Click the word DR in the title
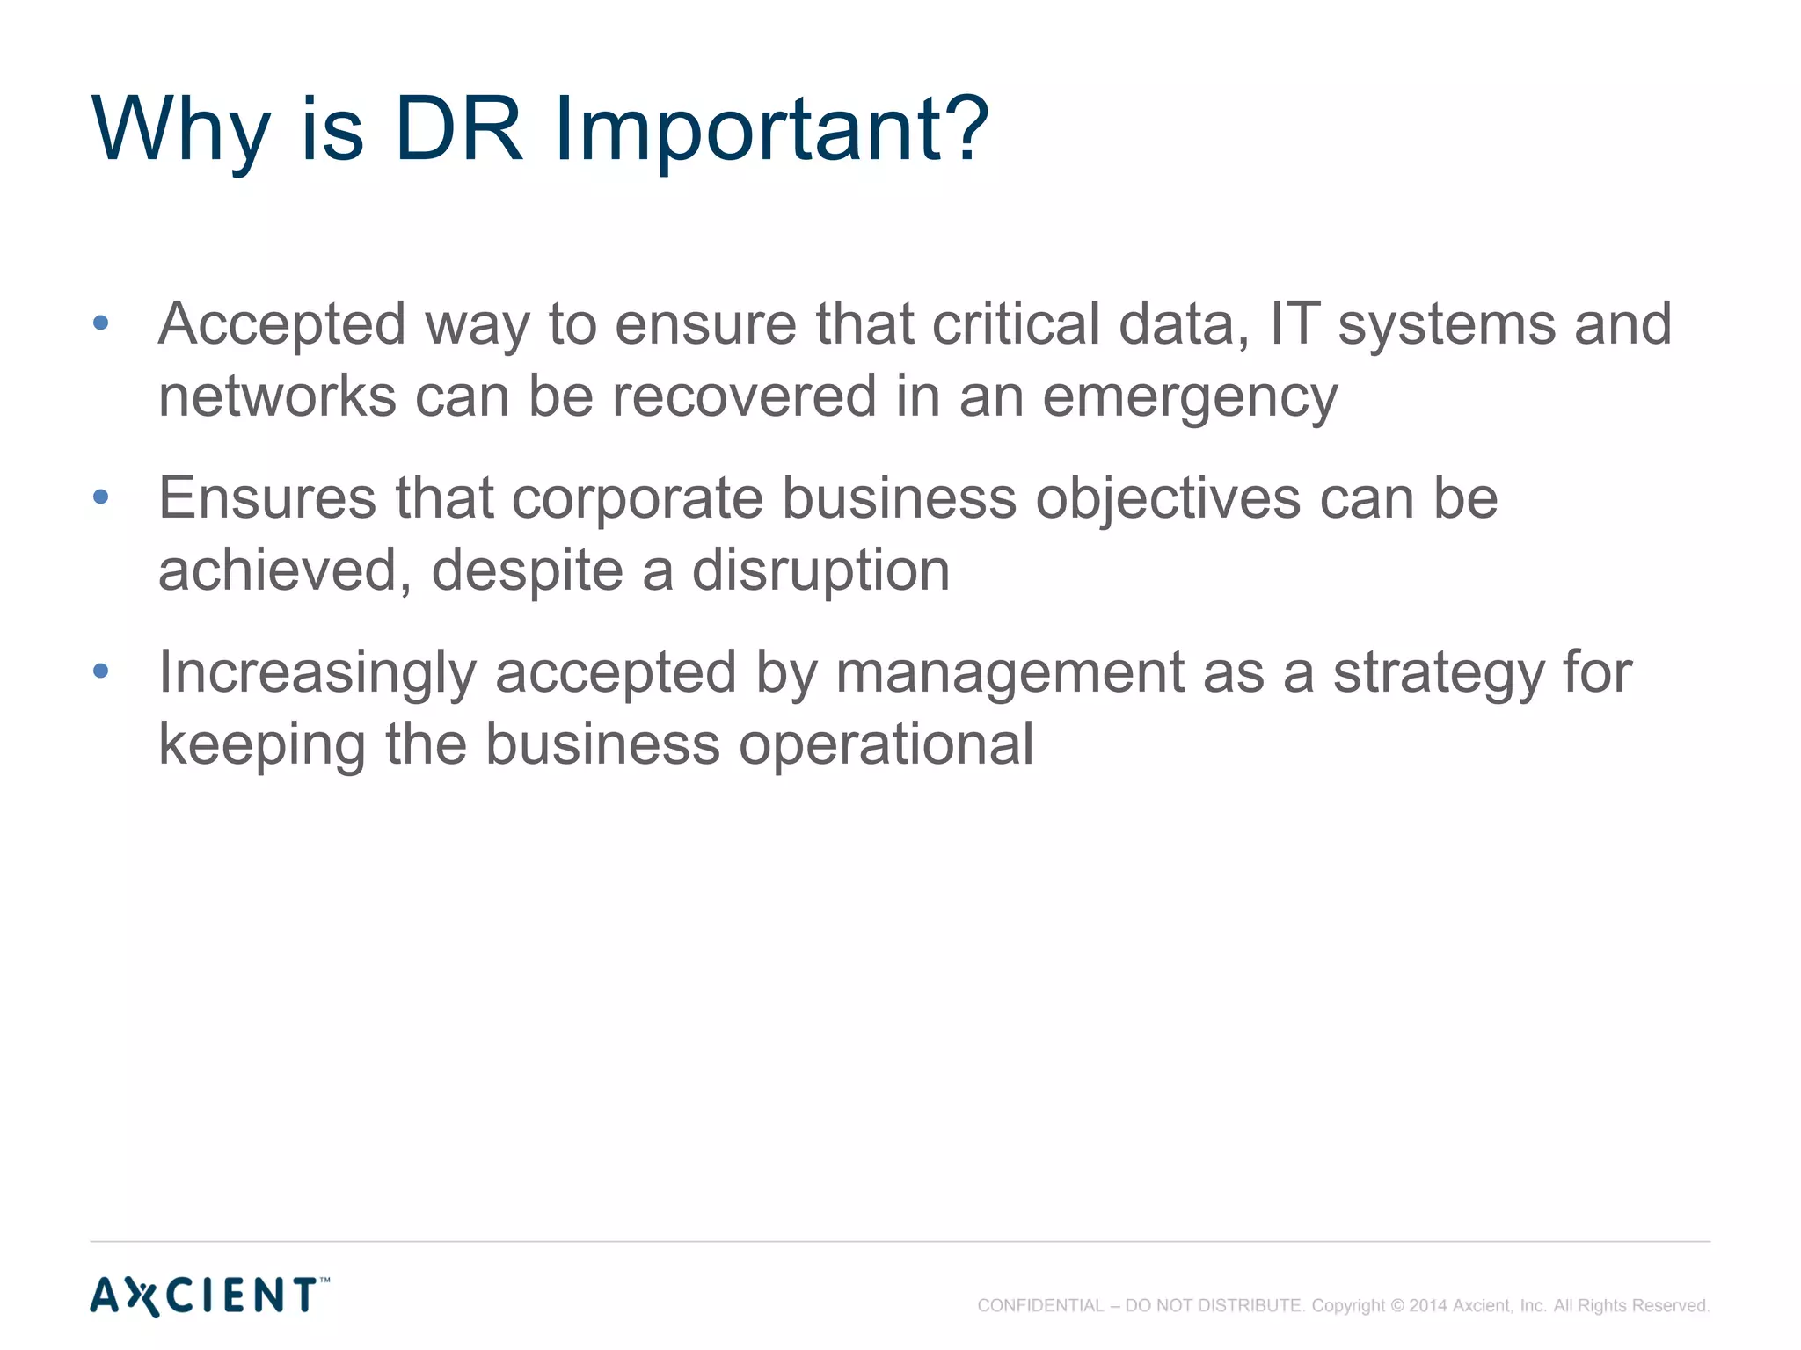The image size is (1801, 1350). [x=458, y=129]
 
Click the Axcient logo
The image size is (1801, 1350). [x=209, y=1296]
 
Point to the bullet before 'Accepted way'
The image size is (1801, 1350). [x=100, y=323]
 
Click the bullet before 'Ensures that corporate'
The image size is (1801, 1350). [x=100, y=497]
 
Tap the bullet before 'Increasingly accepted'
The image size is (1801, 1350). [x=100, y=671]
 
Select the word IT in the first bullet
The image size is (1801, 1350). [x=1294, y=323]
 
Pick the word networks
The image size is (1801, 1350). [x=277, y=396]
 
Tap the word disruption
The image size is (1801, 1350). [x=820, y=572]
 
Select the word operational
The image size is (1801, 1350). [x=886, y=746]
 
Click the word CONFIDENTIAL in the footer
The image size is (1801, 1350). [x=1039, y=1306]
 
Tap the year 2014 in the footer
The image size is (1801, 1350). [x=1428, y=1306]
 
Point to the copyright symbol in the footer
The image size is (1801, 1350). [x=1397, y=1306]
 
